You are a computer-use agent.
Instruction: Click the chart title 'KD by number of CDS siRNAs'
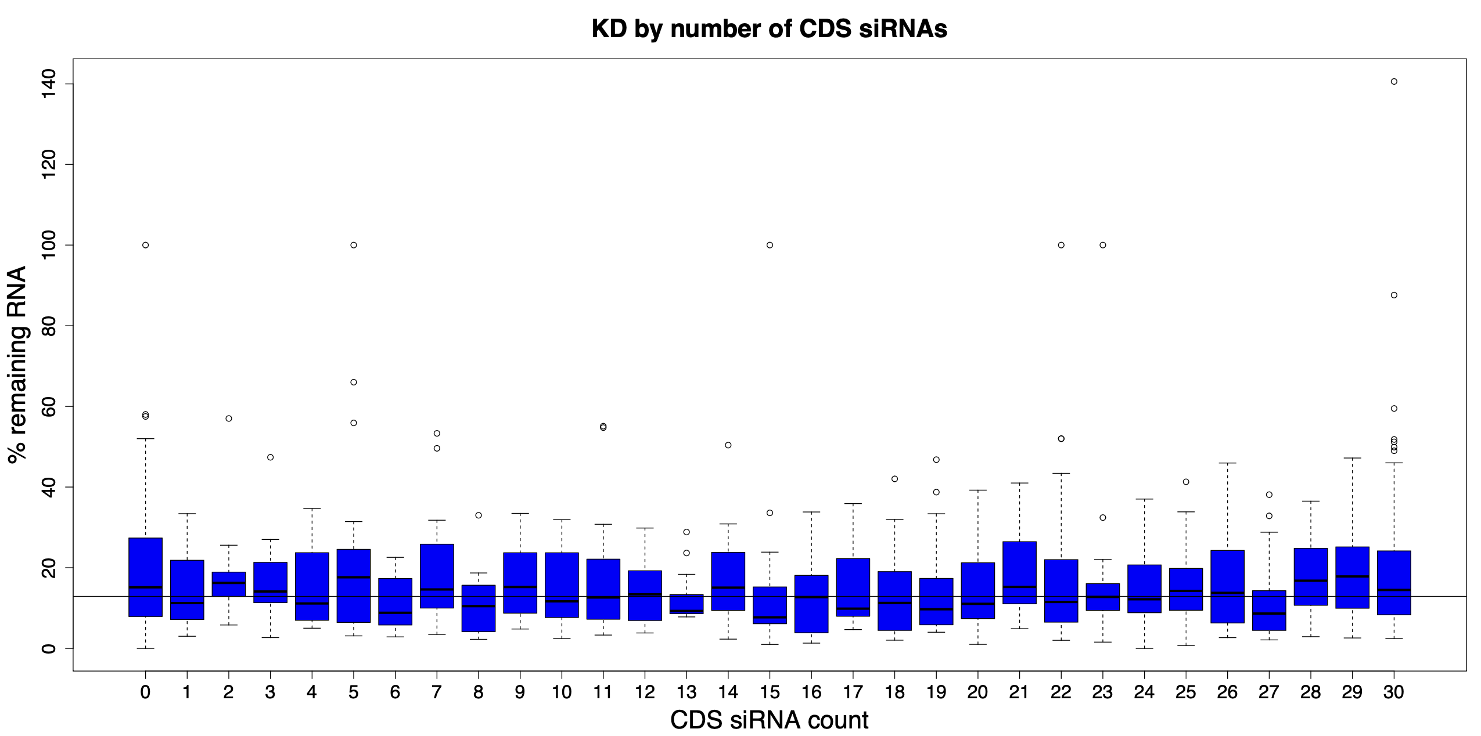tap(770, 29)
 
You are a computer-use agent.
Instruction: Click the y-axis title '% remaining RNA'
tap(19, 365)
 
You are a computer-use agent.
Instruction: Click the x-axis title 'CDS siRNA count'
tap(770, 720)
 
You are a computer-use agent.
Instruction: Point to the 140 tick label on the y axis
tap(49, 84)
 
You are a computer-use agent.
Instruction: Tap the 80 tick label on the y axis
tap(49, 326)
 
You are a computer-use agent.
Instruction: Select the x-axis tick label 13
tap(686, 692)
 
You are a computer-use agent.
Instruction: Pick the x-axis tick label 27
tap(1269, 692)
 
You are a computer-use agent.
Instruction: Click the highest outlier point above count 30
tap(1394, 81)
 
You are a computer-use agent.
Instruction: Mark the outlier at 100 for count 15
tap(770, 245)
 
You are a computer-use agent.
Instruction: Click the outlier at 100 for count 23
tap(1103, 245)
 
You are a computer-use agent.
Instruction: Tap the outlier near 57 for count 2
tap(229, 418)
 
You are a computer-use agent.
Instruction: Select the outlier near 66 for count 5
tap(354, 382)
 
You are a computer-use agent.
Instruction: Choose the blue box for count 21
tap(1019, 572)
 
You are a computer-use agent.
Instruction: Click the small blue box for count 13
tap(686, 604)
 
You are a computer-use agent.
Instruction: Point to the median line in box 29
tap(1352, 576)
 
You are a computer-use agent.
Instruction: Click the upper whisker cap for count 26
tap(1227, 463)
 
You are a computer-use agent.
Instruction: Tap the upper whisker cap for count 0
tap(145, 439)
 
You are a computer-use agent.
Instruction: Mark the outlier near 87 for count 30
tap(1394, 295)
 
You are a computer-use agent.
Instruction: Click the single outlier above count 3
tap(270, 457)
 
